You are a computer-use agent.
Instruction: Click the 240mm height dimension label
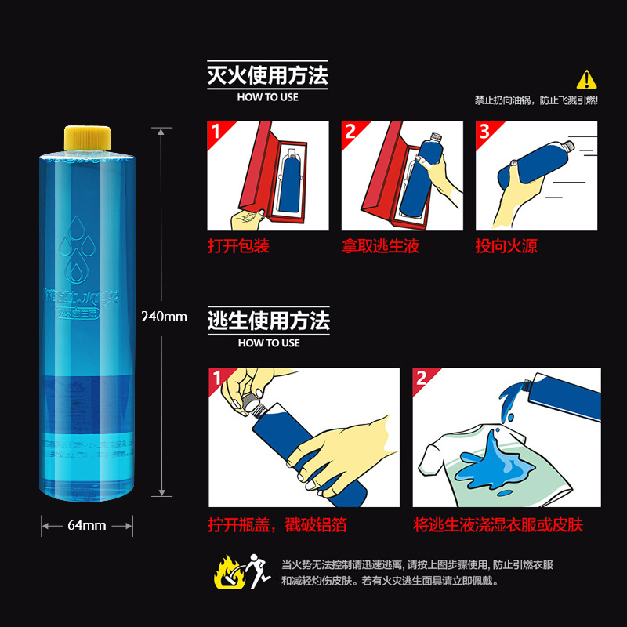[x=164, y=317]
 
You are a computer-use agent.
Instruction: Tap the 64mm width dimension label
[x=86, y=525]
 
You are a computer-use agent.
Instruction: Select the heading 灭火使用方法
[x=266, y=76]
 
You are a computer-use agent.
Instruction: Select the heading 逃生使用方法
[x=268, y=321]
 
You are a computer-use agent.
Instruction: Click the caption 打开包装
[x=238, y=246]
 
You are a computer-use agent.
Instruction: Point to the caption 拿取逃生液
[x=381, y=246]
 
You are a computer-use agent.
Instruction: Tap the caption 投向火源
[x=506, y=246]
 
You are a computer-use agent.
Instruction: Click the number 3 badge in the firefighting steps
[x=484, y=131]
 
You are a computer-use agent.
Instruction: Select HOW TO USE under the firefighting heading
[x=267, y=97]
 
